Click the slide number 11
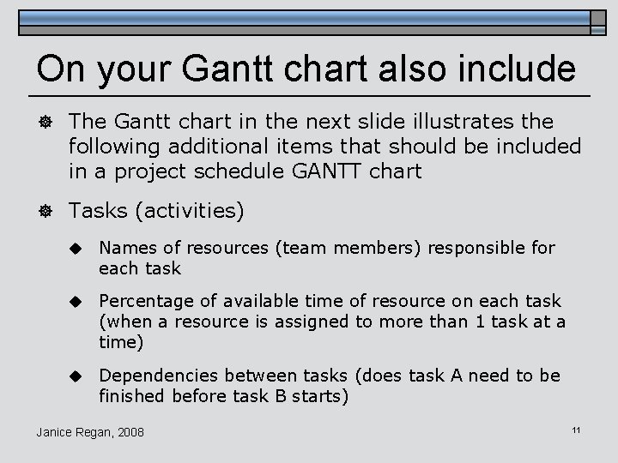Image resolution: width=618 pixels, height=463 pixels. pyautogui.click(x=576, y=428)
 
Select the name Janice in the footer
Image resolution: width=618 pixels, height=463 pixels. pyautogui.click(x=56, y=431)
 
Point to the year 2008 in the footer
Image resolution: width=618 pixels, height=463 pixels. pyautogui.click(x=129, y=431)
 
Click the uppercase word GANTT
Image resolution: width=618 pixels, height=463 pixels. pyautogui.click(x=326, y=171)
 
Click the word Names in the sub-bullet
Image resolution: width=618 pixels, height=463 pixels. pyautogui.click(x=128, y=248)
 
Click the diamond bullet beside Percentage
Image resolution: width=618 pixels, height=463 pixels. pyautogui.click(x=76, y=302)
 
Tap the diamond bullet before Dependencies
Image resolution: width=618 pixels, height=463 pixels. pyautogui.click(x=76, y=376)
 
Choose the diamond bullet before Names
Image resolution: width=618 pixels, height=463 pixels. pyautogui.click(x=76, y=249)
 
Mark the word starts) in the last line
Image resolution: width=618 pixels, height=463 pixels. pyautogui.click(x=319, y=395)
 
